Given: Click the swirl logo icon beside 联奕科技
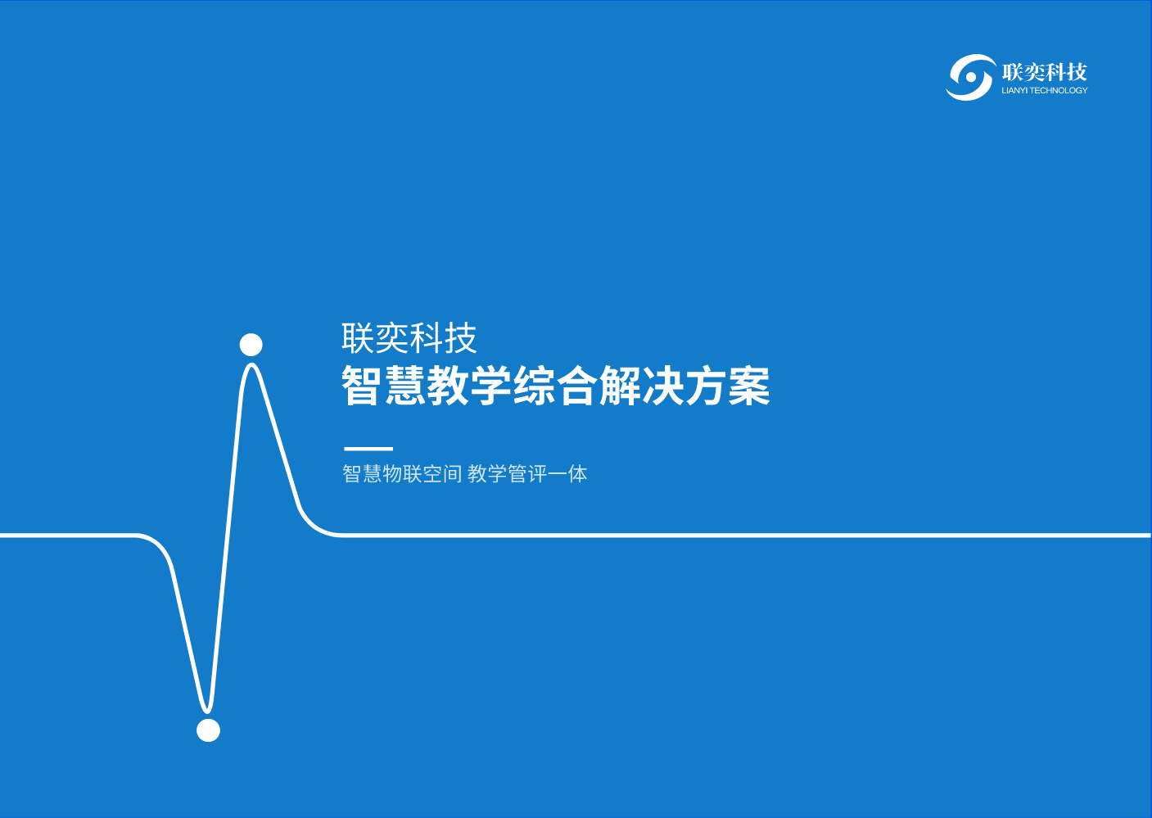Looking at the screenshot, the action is tap(970, 77).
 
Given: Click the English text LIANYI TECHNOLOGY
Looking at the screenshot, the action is tap(1045, 91).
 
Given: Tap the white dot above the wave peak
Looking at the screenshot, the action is tap(251, 344).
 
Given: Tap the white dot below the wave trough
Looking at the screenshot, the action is tap(208, 730).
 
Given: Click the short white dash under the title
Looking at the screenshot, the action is tap(368, 449).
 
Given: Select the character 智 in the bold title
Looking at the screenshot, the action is tap(361, 386).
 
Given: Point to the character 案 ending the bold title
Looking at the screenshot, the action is tap(749, 386).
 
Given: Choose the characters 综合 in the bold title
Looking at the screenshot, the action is tap(555, 386).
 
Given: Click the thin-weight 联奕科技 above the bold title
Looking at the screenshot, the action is tap(409, 338).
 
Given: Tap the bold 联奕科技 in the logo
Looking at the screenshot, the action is tap(1045, 72).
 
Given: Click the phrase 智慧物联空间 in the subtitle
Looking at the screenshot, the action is tap(402, 474).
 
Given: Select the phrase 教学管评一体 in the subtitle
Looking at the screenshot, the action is tap(527, 474).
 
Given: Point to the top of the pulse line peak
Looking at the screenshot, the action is tap(251, 364).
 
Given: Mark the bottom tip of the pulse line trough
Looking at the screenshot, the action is tap(207, 712).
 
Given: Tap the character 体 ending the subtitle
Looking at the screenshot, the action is tap(577, 474).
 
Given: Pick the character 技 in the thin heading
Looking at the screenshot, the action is tap(461, 338).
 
